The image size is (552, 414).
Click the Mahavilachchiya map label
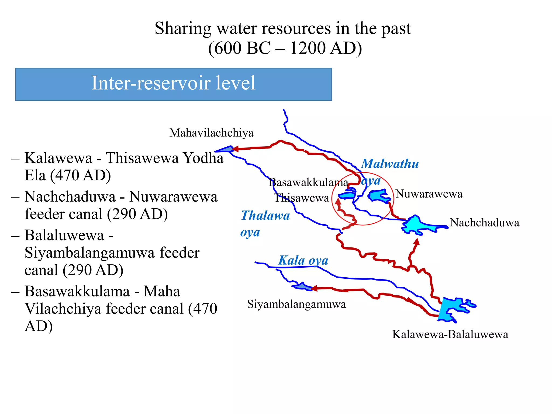(211, 133)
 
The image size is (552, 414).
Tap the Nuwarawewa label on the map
(429, 194)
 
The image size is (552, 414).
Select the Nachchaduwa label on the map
(484, 223)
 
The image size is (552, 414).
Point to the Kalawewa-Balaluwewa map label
(450, 334)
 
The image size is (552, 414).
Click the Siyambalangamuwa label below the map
(296, 304)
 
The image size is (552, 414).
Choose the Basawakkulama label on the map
(308, 183)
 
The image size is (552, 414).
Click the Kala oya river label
(303, 260)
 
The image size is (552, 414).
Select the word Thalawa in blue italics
(265, 216)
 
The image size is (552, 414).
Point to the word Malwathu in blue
(390, 164)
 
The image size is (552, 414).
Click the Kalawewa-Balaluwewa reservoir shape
(450, 309)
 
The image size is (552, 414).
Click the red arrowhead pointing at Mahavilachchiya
(235, 149)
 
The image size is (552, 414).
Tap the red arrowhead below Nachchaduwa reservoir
(417, 241)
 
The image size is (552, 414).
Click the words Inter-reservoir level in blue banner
(173, 83)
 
